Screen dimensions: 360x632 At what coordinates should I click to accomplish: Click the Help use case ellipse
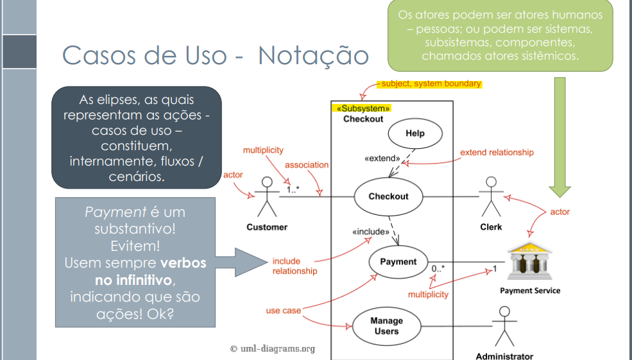415,134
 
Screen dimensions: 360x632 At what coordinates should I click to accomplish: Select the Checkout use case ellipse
388,196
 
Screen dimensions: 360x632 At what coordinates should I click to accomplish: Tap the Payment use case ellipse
398,262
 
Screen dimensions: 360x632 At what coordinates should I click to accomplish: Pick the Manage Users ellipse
386,326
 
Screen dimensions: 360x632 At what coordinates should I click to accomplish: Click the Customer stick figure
266,197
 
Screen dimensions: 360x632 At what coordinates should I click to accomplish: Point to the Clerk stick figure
491,196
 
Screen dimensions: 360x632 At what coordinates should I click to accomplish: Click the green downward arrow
559,135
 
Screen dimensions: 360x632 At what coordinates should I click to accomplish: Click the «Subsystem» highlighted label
363,109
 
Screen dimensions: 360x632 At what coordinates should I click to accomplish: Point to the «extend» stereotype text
382,158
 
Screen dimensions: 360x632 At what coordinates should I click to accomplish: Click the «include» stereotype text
371,232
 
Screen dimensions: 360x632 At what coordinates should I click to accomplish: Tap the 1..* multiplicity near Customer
293,190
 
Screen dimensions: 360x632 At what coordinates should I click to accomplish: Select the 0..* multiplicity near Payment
438,268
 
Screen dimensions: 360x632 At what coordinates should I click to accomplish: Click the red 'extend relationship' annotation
497,153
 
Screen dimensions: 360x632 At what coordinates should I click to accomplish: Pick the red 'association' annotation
307,165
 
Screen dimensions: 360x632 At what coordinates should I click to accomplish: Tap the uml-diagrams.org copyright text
273,348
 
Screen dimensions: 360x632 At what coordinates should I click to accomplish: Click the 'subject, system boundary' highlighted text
429,84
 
